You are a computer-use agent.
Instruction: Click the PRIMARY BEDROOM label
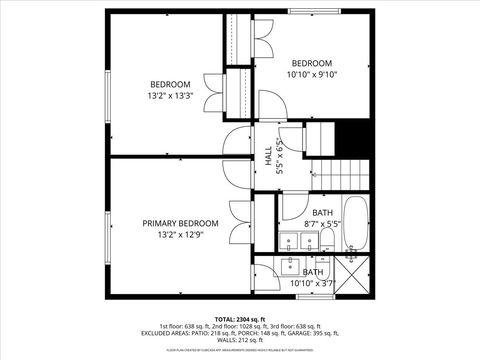180,223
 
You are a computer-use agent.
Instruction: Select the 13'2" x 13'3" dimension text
170,96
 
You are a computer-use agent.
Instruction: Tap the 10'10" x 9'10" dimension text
313,73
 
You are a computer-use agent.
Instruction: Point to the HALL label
268,156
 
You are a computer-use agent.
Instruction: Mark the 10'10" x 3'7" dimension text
313,284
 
